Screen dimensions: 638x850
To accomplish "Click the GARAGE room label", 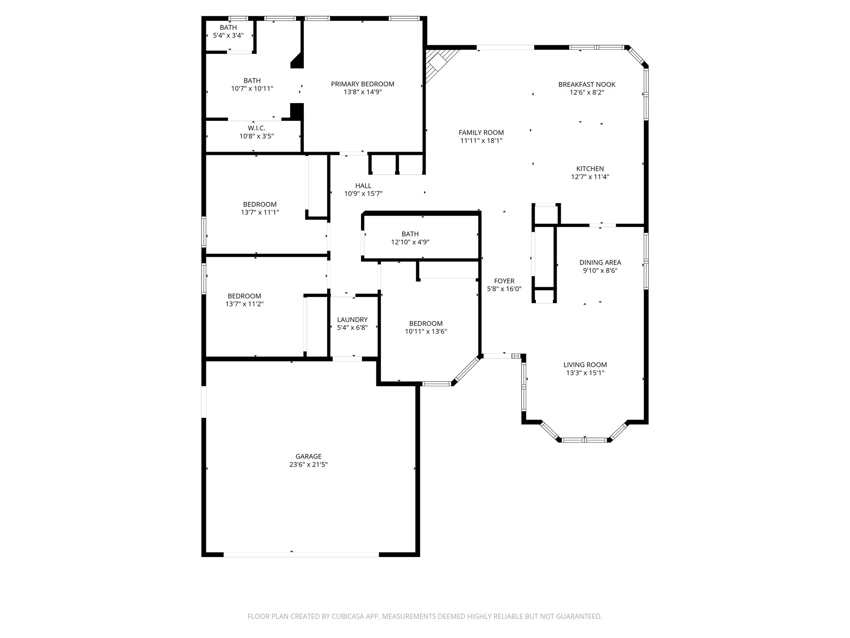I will coord(308,456).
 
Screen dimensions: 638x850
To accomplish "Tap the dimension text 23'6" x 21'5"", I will coord(308,465).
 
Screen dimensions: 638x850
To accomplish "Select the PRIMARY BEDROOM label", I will coord(362,84).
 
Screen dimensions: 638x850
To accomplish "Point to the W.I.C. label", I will coord(256,128).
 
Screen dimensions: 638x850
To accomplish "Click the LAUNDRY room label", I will coord(352,319).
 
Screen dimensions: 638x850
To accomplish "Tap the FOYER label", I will coord(504,281).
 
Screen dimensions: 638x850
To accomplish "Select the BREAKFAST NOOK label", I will coord(586,84).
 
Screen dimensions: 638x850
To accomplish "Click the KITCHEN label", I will coord(590,169).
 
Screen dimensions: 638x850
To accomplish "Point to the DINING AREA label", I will coord(600,263).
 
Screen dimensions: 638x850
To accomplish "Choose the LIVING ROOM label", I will coord(585,365).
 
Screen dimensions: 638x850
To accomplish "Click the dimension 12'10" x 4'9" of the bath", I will coord(410,242).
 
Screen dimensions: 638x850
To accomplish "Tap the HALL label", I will coord(363,186).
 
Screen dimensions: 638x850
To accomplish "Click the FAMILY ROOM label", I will coord(481,133).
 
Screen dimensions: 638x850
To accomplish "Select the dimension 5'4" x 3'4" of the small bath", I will coord(228,36).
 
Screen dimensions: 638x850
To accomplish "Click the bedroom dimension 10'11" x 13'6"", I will coord(425,331).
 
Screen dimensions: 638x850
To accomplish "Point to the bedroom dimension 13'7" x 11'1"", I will coord(260,212).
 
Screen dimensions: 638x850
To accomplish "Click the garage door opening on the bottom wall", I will coord(301,554).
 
